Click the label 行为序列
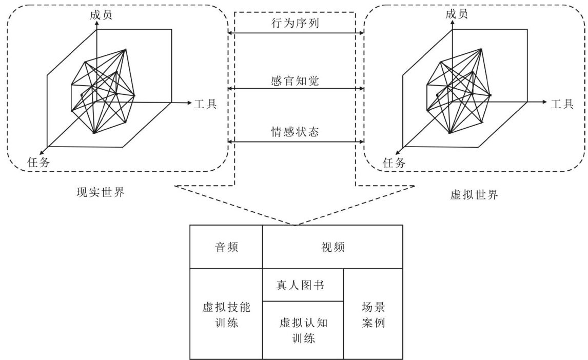[295, 24]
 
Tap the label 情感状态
[295, 131]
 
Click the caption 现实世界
[100, 193]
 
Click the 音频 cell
[226, 247]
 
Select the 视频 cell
[332, 247]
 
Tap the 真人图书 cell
[303, 285]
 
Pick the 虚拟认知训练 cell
[303, 330]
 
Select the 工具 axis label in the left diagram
[205, 104]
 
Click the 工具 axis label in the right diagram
[562, 104]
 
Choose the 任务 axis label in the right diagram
[394, 163]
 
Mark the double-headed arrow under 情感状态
[295, 142]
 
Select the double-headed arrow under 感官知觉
[295, 88]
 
